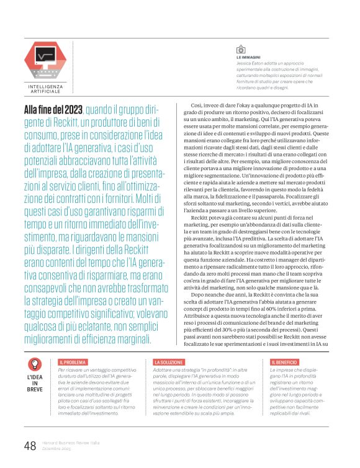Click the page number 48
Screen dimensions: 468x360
point(29,446)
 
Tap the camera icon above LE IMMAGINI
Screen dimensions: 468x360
point(240,50)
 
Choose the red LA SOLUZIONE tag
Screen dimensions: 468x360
point(169,361)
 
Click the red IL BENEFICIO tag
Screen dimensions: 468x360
point(286,361)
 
